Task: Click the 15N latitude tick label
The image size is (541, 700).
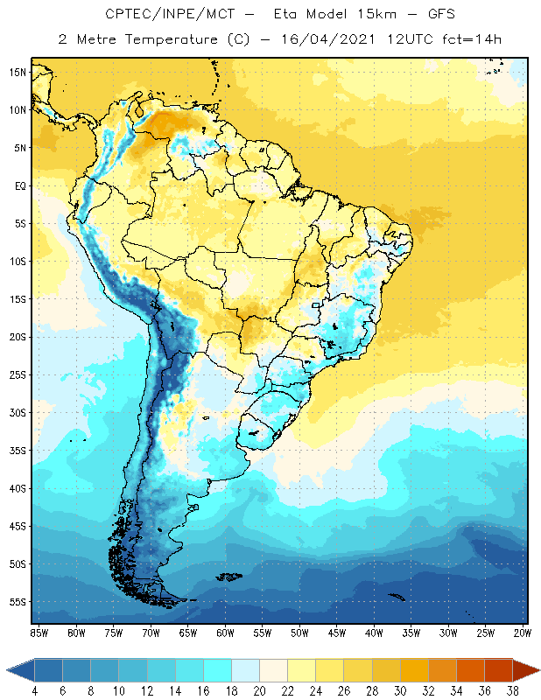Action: [18, 73]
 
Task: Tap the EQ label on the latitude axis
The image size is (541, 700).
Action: [18, 185]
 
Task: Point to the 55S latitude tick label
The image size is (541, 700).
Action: [18, 602]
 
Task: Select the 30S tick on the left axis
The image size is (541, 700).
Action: [18, 412]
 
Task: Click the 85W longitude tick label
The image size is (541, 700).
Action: [39, 633]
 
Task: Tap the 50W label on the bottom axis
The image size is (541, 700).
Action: [299, 633]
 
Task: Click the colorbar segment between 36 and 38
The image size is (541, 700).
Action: [498, 669]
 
